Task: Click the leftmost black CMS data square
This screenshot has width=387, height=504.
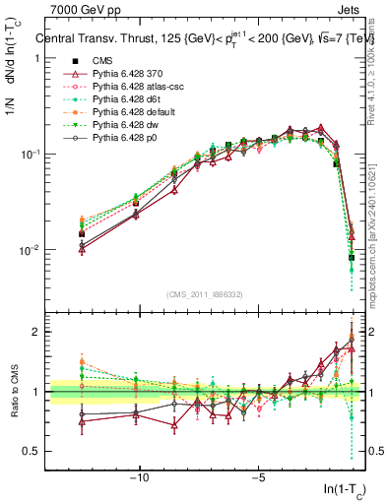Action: click(82, 234)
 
